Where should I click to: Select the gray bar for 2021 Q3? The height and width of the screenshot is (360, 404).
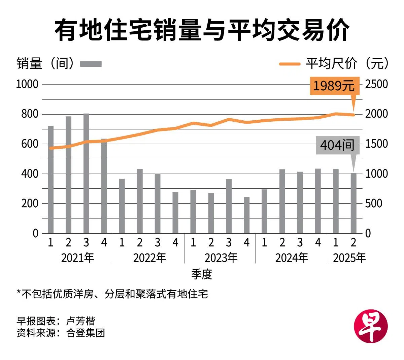coord(86,174)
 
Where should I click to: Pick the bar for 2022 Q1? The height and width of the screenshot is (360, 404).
coord(122,206)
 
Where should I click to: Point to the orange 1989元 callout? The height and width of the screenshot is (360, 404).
coord(334,86)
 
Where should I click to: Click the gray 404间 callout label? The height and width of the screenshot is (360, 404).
coord(337,145)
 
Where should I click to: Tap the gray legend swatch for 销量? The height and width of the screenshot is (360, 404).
coord(91,64)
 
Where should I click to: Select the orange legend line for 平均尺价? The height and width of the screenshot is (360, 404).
coord(290,64)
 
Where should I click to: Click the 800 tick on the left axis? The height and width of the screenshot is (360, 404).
coord(30,114)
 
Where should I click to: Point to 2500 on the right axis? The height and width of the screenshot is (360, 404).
coord(376,84)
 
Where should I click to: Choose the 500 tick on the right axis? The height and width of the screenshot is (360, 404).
coord(374,204)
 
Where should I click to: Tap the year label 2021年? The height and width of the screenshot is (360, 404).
coord(78,258)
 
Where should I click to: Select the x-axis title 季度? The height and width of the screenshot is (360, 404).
coord(202,274)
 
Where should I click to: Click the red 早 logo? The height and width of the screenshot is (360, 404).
coord(371,326)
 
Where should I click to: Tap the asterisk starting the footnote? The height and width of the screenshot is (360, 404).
coord(19,293)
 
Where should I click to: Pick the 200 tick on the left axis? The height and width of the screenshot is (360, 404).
coord(30,204)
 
